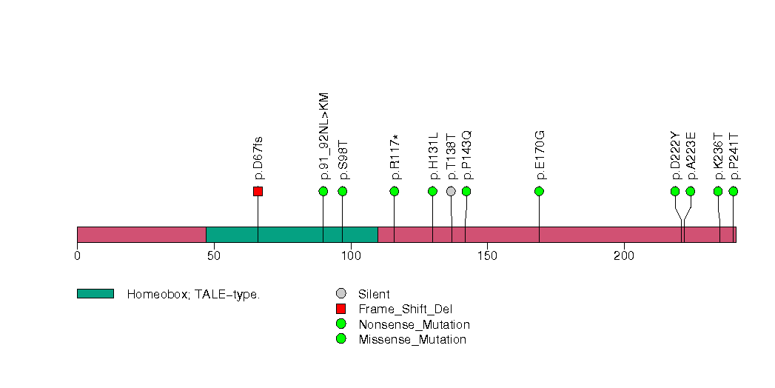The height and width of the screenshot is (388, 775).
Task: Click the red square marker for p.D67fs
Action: pos(258,191)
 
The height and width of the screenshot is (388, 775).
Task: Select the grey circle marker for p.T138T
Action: pos(452,191)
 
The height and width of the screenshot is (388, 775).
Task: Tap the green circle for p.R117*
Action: pos(395,191)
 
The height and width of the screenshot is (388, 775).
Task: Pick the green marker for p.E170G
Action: pos(540,191)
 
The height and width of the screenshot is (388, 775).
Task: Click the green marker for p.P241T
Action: pos(734,191)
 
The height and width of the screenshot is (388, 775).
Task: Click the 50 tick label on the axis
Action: pos(214,256)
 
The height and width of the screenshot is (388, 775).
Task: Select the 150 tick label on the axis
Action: pos(487,256)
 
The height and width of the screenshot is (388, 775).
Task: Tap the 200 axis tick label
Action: pos(624,256)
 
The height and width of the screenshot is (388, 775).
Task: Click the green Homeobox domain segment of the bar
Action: pos(292,235)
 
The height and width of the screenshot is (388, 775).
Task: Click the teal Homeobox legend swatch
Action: pos(95,294)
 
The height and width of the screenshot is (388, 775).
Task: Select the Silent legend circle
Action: pos(340,294)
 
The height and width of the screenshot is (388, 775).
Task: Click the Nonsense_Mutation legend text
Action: pos(414,324)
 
